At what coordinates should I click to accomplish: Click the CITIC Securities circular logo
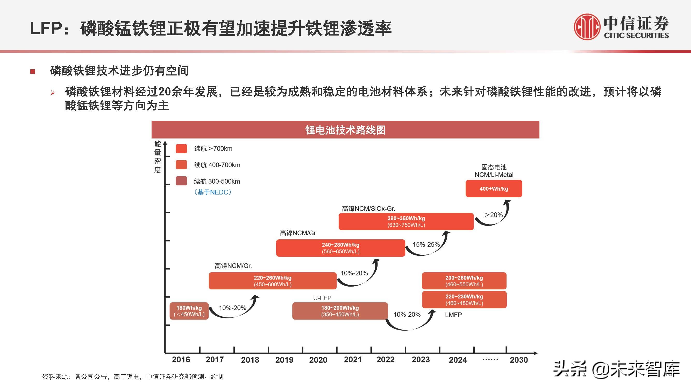[x=587, y=27]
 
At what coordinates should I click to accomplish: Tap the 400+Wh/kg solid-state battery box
[x=494, y=189]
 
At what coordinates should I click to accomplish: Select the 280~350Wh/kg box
[x=406, y=221]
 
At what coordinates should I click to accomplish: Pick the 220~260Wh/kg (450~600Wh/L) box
[x=273, y=281]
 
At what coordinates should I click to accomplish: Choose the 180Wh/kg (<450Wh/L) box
[x=189, y=311]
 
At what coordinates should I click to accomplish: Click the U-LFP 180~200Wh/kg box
[x=340, y=311]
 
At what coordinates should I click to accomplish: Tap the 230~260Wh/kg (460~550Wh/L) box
[x=464, y=281]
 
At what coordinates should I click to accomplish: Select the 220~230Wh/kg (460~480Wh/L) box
[x=464, y=300]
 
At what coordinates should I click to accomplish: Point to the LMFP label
[x=453, y=315]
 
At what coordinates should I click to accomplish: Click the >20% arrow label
[x=493, y=215]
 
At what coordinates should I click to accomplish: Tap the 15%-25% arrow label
[x=426, y=245]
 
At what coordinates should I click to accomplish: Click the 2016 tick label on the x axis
[x=181, y=359]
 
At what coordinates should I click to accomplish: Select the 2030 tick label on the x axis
[x=518, y=360]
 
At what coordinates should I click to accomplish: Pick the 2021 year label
[x=353, y=359]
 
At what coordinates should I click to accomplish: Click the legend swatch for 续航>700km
[x=181, y=148]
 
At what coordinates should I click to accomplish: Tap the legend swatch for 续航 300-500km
[x=181, y=181]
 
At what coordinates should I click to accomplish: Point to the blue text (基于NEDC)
[x=213, y=192]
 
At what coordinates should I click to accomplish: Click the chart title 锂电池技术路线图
[x=345, y=130]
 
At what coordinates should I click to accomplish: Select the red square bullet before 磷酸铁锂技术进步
[x=33, y=71]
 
